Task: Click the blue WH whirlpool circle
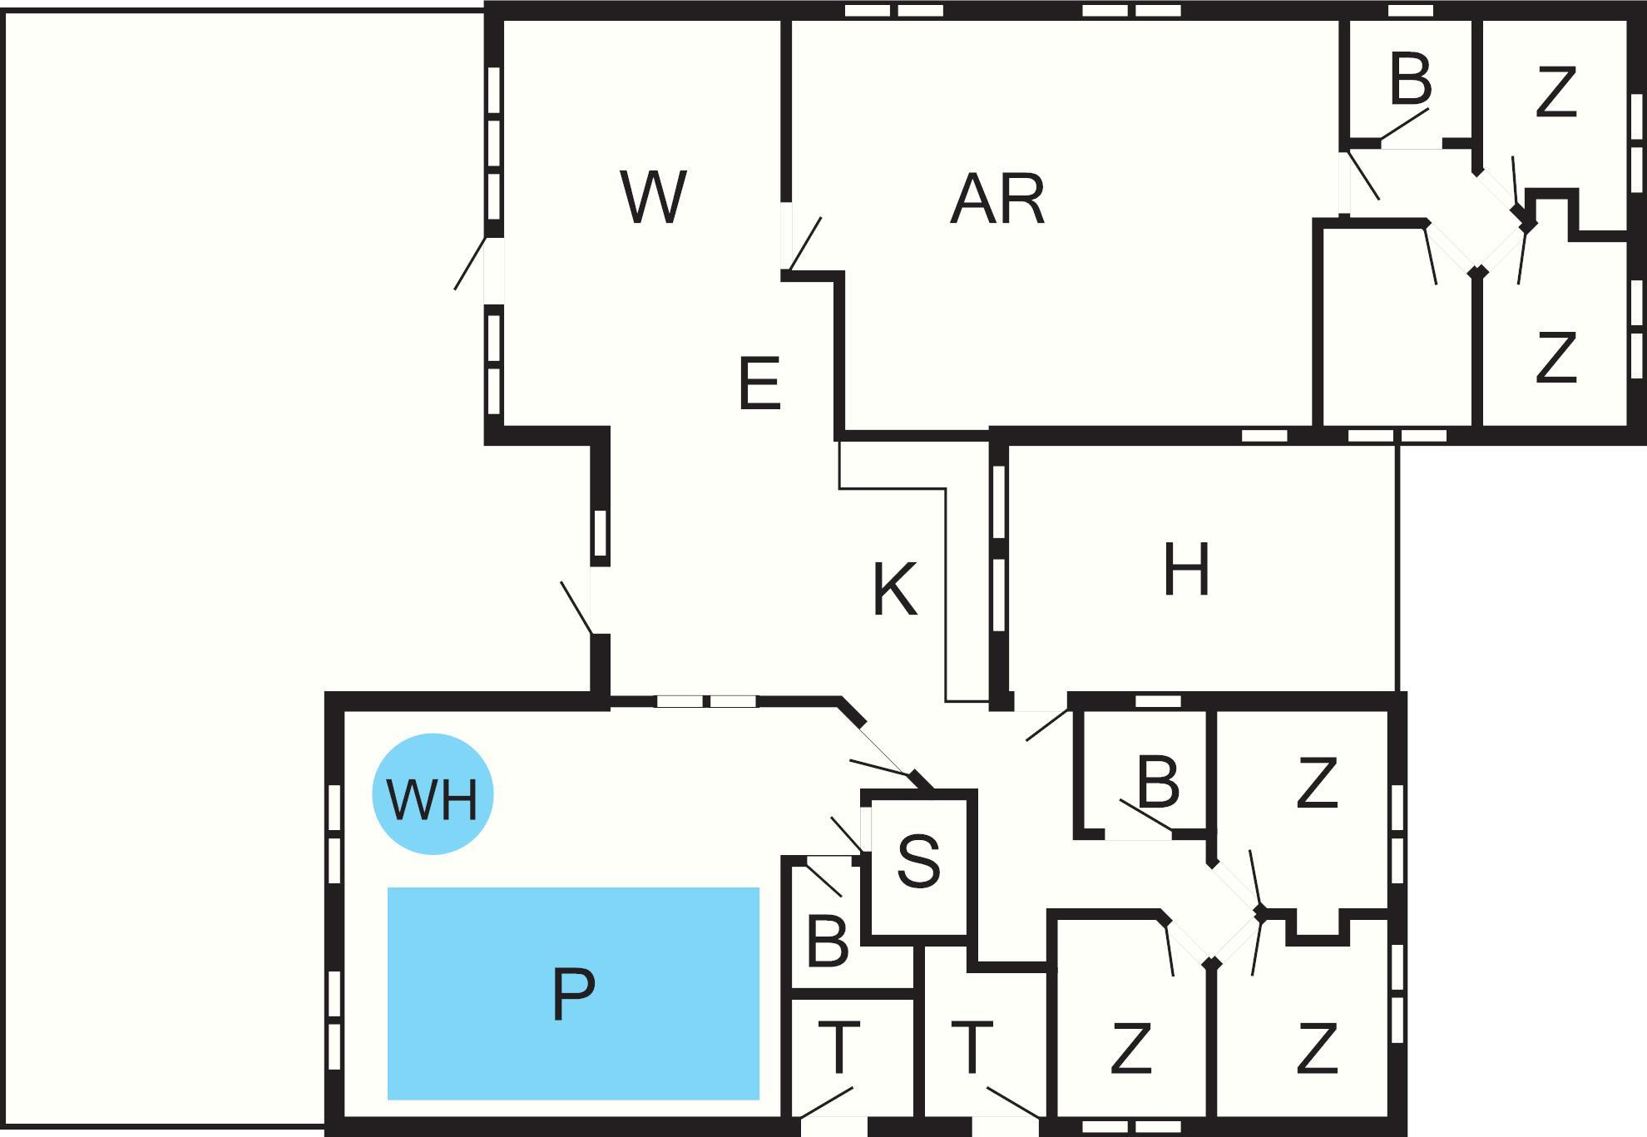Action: point(433,794)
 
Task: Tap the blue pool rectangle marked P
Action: point(573,994)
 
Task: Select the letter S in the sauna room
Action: point(919,861)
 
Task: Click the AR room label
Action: point(997,200)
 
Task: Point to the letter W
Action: point(654,197)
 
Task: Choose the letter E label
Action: point(759,383)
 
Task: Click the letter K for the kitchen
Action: point(895,589)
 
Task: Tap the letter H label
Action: point(1186,570)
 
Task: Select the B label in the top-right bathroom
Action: point(1411,79)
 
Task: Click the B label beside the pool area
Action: point(828,942)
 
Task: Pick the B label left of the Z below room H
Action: point(1158,782)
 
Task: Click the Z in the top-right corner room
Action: point(1556,93)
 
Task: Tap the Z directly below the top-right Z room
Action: point(1556,357)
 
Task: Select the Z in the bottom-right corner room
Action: point(1317,1049)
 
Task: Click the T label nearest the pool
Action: point(838,1047)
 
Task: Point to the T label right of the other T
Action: point(972,1047)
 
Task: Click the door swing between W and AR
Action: point(804,244)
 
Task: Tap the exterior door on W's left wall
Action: point(470,264)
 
